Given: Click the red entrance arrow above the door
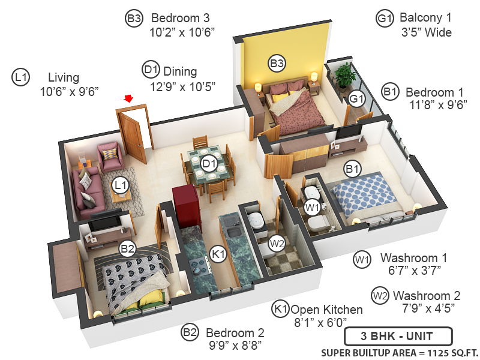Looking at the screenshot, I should (128, 98).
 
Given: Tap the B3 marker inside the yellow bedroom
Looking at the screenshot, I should (277, 62).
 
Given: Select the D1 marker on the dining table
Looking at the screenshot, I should (209, 163).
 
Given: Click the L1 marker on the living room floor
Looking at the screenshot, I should (121, 184).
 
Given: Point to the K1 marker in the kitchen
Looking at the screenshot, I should (218, 254).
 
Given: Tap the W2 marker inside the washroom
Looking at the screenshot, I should (277, 244).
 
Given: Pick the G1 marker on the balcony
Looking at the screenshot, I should (357, 98).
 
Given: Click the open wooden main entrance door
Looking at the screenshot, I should (133, 135).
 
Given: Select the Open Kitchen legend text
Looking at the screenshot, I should (326, 310).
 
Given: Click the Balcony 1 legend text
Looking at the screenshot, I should (426, 18).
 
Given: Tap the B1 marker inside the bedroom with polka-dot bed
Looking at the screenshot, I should (353, 170).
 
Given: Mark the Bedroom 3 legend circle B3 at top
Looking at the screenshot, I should (133, 18).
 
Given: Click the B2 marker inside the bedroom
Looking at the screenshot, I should (127, 248).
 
